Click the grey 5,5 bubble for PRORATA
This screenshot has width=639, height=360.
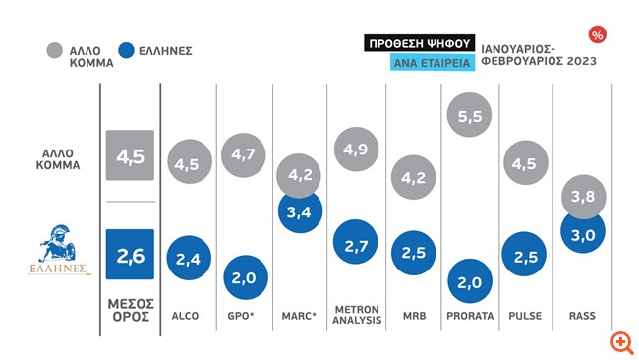coord(469,115)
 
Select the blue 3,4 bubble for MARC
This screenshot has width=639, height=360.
coord(300,212)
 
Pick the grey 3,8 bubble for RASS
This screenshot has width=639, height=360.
coord(584,197)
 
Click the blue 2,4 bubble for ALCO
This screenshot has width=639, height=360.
coord(189,258)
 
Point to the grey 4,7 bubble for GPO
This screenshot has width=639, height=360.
coord(243,155)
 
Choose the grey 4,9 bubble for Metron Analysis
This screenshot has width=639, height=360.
coord(356,149)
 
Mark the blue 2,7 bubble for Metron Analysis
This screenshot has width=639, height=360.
coord(356,242)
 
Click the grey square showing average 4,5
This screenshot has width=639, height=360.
coord(130,155)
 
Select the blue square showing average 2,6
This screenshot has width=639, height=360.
coord(130,255)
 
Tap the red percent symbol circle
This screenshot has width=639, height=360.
coord(597,35)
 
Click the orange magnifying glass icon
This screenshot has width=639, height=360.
coord(622,342)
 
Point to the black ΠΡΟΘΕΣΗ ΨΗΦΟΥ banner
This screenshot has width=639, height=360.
coord(420,43)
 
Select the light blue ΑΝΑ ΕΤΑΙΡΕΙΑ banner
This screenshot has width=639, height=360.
coord(433,62)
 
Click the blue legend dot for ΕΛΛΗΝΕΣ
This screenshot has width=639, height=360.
coord(127,50)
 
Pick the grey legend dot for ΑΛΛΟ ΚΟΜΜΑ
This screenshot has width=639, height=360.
coord(55,50)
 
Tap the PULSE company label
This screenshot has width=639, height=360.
coord(525,316)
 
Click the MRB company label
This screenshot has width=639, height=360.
coord(415,316)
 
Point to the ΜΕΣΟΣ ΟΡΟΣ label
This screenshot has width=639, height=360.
coord(131,310)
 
